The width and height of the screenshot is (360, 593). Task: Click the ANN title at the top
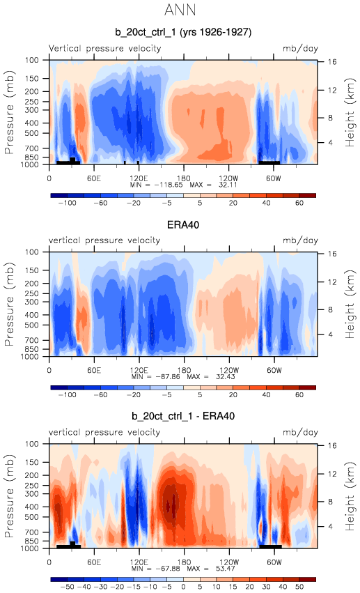180,10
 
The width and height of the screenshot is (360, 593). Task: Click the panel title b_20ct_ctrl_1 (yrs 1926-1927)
183,32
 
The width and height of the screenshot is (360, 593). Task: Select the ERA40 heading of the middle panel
183,224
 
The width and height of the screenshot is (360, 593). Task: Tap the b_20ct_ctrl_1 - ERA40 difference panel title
183,416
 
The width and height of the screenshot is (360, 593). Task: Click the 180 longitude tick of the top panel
184,178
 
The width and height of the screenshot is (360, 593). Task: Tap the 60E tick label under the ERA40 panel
94,370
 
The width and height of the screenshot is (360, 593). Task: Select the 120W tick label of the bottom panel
229,562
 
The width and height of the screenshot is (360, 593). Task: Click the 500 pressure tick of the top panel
32,133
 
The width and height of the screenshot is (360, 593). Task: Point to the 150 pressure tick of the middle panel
32,270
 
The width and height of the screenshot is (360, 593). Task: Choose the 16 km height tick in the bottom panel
331,445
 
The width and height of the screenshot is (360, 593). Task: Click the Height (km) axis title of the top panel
350,112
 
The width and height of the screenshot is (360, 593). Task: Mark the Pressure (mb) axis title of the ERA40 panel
9,304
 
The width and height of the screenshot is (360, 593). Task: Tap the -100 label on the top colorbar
68,203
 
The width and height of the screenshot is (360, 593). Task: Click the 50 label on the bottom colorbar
299,587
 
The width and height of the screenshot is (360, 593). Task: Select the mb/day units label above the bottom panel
300,432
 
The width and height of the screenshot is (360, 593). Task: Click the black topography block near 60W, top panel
269,162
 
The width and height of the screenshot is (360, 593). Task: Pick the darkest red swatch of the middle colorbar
307,387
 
